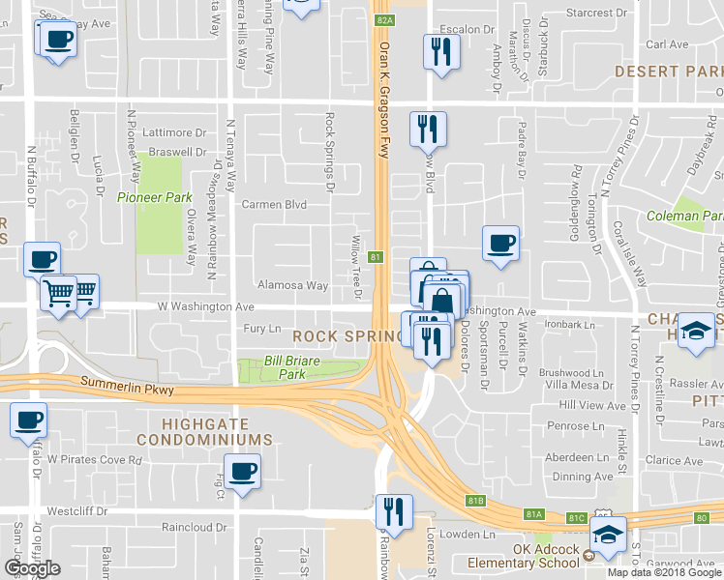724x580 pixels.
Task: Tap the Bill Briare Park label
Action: pos(285,366)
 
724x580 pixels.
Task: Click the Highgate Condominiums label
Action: pos(204,431)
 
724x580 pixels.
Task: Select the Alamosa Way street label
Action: pos(292,285)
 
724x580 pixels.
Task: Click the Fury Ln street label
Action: pos(261,329)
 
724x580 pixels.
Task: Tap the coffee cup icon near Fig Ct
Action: pos(241,474)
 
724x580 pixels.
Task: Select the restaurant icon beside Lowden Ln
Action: pos(394,510)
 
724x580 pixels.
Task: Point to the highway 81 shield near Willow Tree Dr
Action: pos(375,257)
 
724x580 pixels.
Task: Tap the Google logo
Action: pos(32,568)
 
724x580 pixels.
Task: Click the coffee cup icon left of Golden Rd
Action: pos(500,244)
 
